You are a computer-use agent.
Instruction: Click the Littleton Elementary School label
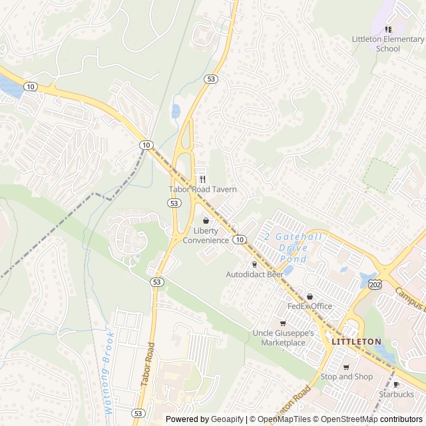pos(388,44)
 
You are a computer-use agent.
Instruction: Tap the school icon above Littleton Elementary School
pos(388,29)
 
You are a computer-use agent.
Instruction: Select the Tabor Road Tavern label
pos(202,190)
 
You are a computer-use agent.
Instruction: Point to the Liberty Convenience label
pos(206,236)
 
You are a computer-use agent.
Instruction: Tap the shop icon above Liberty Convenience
pos(206,220)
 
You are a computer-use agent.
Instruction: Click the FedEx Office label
pos(310,306)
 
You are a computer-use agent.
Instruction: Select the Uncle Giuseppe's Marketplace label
pos(279,337)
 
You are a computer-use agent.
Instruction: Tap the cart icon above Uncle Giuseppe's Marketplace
pos(283,323)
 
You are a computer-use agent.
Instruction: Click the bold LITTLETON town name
pos(356,341)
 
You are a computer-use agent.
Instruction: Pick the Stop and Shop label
pos(345,377)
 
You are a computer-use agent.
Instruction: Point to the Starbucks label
pos(397,395)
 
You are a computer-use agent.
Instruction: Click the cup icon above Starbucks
pos(397,384)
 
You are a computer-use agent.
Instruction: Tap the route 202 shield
pos(374,284)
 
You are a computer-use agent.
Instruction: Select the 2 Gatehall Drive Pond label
pos(293,248)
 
